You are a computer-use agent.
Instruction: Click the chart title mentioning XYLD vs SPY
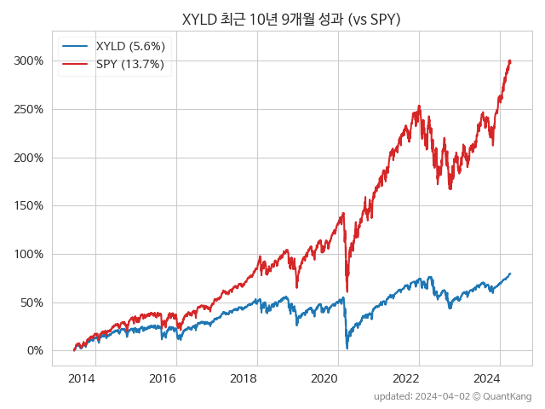(291, 18)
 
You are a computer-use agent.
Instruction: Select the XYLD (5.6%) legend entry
(130, 46)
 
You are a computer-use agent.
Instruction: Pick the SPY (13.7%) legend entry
(130, 64)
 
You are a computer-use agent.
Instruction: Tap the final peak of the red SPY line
(509, 60)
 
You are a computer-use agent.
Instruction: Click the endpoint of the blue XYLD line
(510, 274)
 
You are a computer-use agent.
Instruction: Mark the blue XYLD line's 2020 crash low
(347, 348)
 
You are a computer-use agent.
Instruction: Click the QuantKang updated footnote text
(453, 397)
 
